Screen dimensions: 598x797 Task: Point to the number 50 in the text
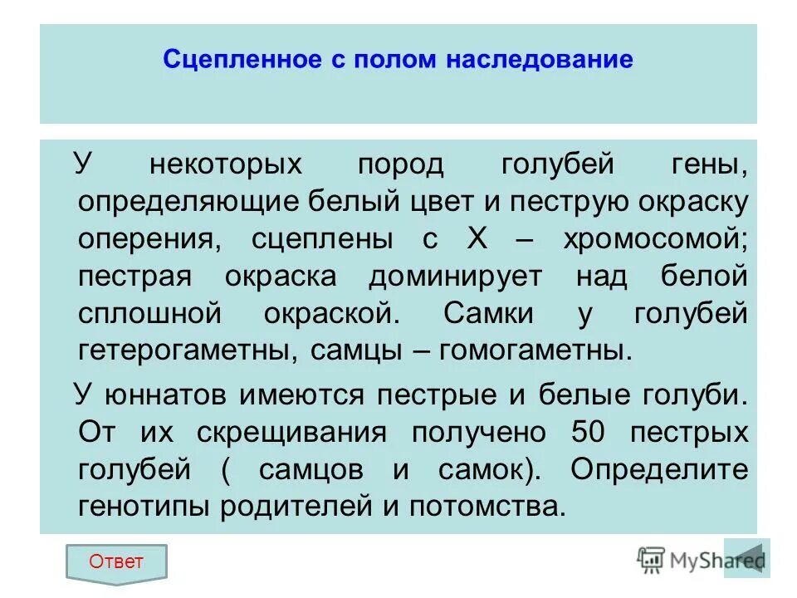(591, 432)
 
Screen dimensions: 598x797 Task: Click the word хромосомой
(656, 238)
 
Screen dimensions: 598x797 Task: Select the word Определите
(659, 469)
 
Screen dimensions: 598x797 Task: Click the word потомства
(489, 506)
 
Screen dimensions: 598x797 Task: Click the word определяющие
(193, 201)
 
